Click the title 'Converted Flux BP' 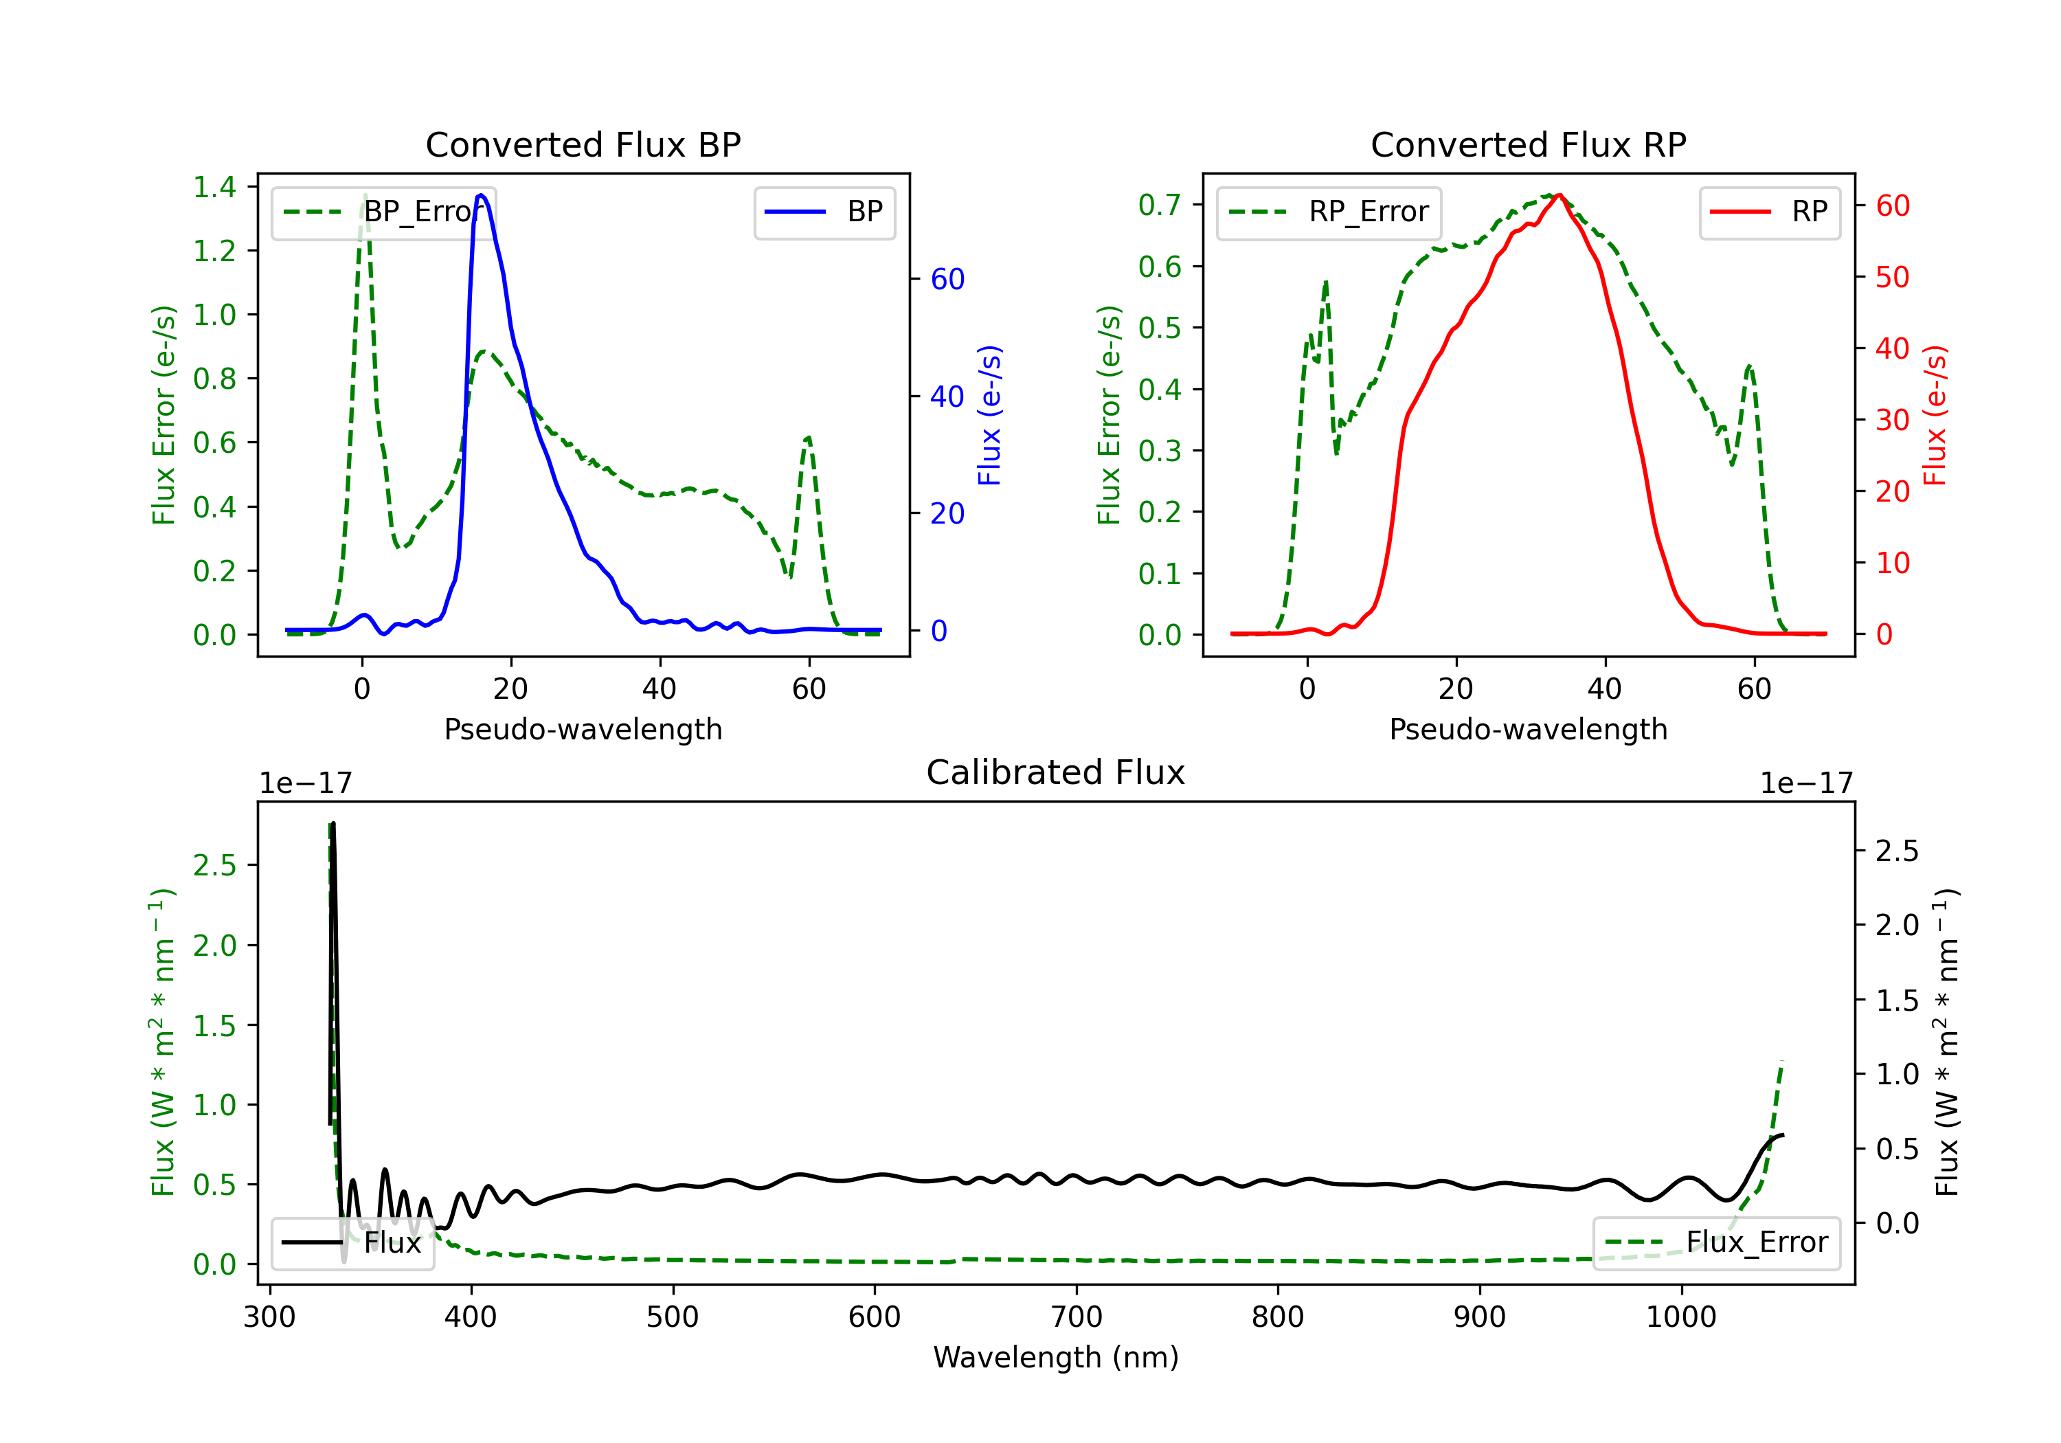tap(583, 144)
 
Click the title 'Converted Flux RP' tap(1528, 144)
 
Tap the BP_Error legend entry tap(384, 212)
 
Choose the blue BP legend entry tap(824, 212)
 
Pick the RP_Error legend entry tap(1329, 212)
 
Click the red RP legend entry tap(1769, 212)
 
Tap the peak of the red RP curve tap(1559, 195)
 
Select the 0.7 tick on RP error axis tap(1159, 205)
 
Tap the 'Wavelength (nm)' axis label tap(1056, 1357)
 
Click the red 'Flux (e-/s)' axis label tap(1935, 415)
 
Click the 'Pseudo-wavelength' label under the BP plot tap(583, 729)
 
